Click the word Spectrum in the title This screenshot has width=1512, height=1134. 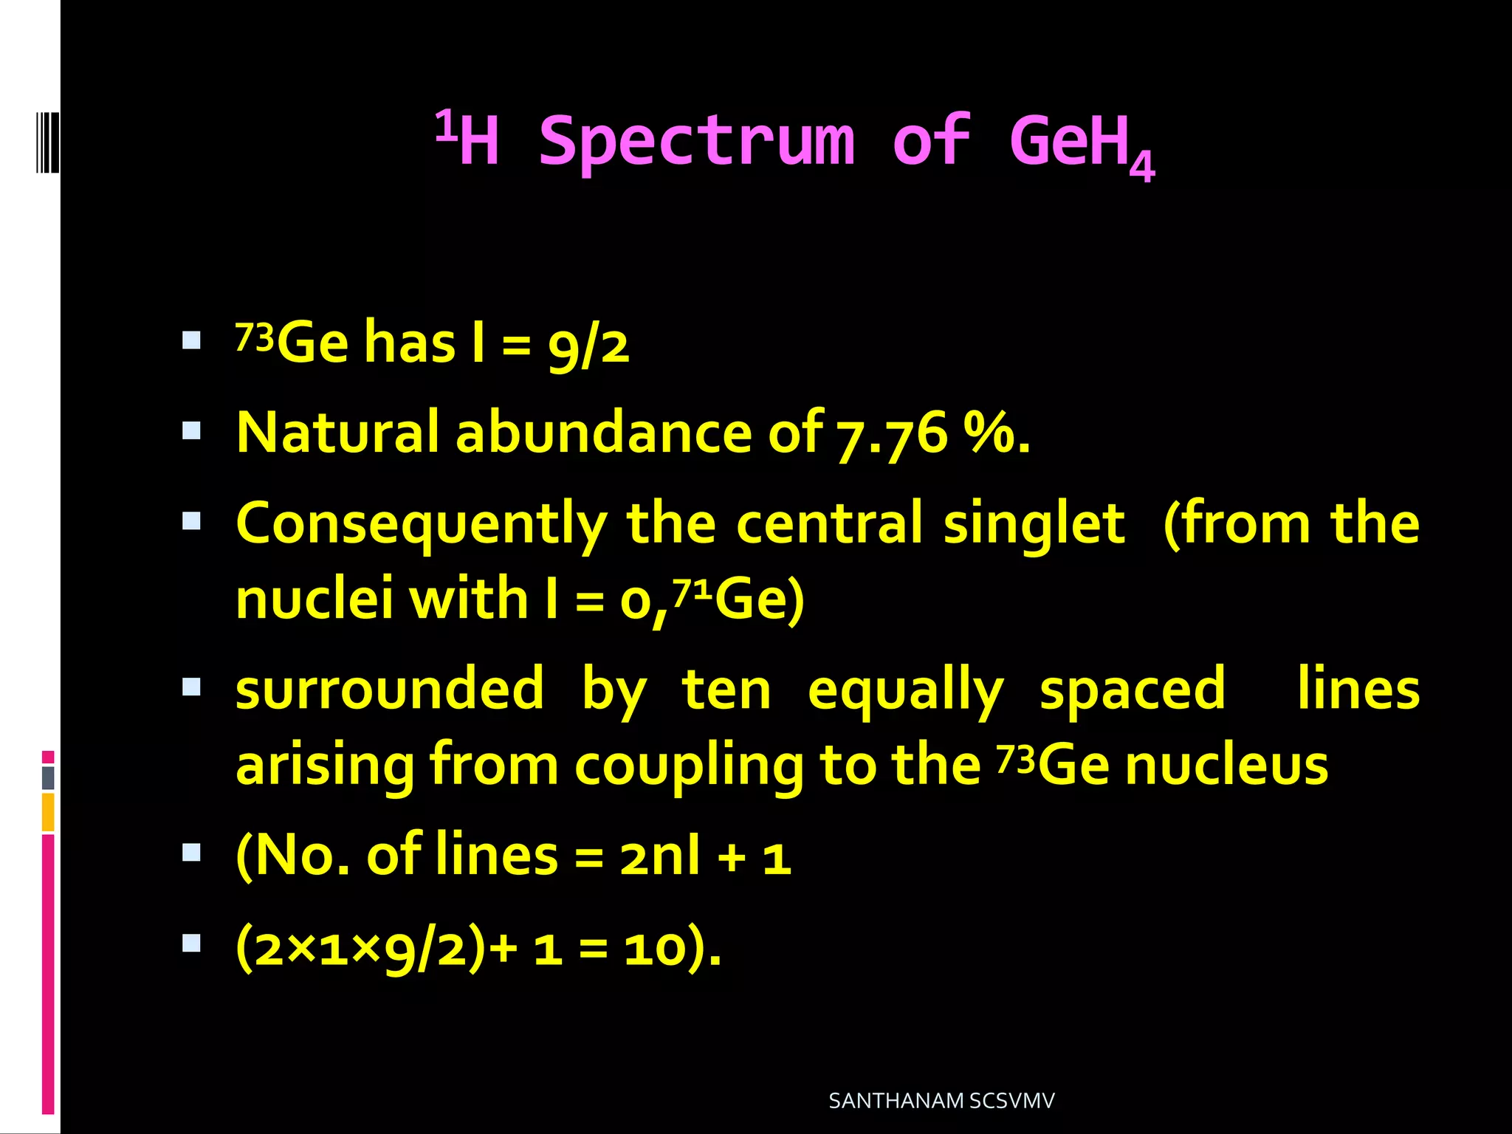coord(697,142)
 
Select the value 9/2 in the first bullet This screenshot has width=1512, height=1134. coord(588,346)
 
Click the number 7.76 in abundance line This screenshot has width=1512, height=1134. coord(892,434)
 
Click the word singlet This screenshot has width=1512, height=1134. coord(1034,524)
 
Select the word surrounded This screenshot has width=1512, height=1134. coord(390,689)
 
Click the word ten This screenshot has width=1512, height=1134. coord(726,689)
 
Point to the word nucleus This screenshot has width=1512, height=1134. coord(1226,766)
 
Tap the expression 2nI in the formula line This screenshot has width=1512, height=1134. coord(659,857)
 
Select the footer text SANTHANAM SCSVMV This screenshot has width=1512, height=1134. coord(941,1101)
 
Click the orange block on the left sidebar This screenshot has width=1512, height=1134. coord(48,812)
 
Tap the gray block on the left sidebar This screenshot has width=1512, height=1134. coord(48,777)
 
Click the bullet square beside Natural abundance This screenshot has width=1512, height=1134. coord(191,430)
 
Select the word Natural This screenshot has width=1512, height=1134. coord(337,433)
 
